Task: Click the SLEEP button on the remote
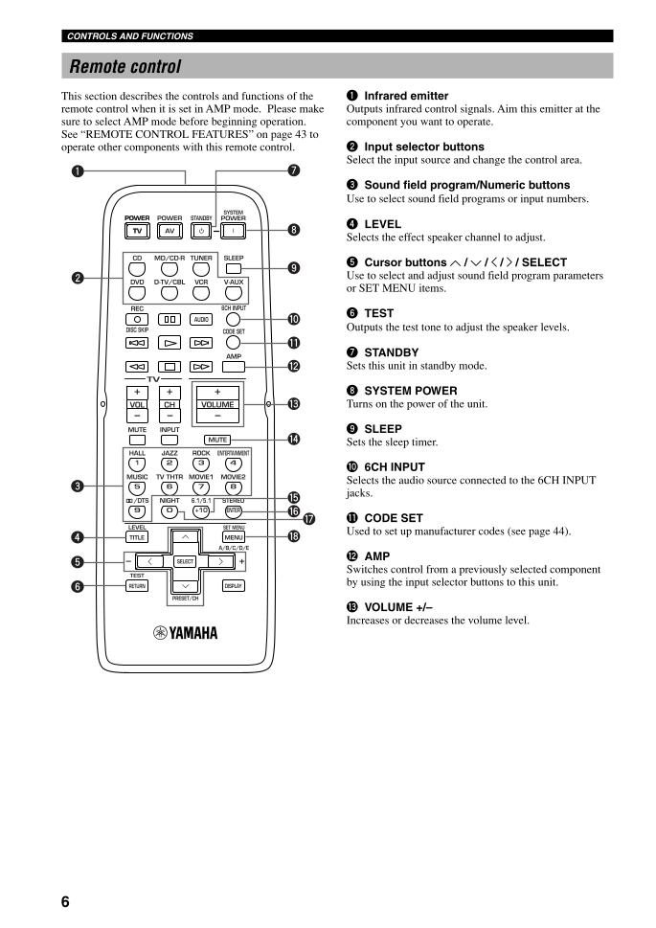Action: tap(234, 268)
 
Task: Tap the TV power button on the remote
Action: tap(137, 231)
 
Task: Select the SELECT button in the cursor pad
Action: tap(186, 561)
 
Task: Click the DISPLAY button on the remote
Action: tap(234, 586)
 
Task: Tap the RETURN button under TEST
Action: tap(137, 586)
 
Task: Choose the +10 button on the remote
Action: tap(201, 510)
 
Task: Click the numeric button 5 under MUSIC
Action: tap(137, 487)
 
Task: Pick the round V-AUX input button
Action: tap(234, 292)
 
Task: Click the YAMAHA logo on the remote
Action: tap(186, 633)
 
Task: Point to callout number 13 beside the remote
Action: tap(294, 404)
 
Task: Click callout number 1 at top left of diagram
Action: tap(78, 171)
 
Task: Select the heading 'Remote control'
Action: tap(124, 66)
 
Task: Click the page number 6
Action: tap(65, 901)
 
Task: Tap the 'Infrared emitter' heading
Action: tap(406, 96)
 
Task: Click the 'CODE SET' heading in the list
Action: tap(394, 518)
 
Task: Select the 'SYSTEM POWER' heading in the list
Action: tap(410, 391)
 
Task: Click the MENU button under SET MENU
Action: tap(234, 537)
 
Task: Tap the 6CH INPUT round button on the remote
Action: tap(234, 319)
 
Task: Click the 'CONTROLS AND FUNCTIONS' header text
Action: tap(130, 36)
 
